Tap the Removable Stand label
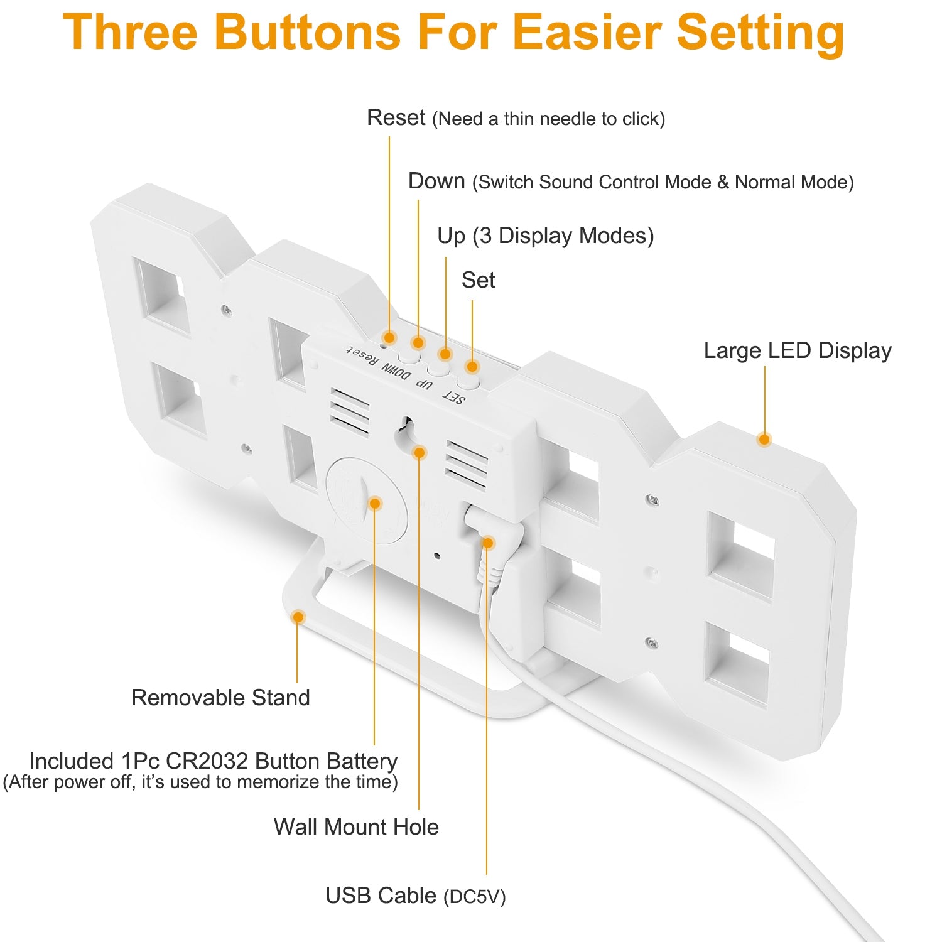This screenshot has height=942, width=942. point(220,698)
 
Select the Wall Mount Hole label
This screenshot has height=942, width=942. point(356,827)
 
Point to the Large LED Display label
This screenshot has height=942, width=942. point(798,350)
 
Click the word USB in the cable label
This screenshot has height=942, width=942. point(349,896)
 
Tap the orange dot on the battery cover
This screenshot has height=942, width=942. point(375,503)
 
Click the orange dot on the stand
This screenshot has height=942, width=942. point(298,617)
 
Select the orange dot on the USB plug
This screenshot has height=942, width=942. point(487,543)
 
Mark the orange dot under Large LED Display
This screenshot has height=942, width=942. point(764,439)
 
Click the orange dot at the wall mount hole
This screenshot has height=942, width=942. point(420,452)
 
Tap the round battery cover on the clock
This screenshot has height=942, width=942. point(365,499)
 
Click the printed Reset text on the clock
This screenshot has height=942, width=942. point(363,355)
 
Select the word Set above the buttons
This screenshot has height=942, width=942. point(478,280)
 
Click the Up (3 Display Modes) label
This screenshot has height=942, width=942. point(546,235)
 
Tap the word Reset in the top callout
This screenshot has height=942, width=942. point(396,117)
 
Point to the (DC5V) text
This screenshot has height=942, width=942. point(474,897)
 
